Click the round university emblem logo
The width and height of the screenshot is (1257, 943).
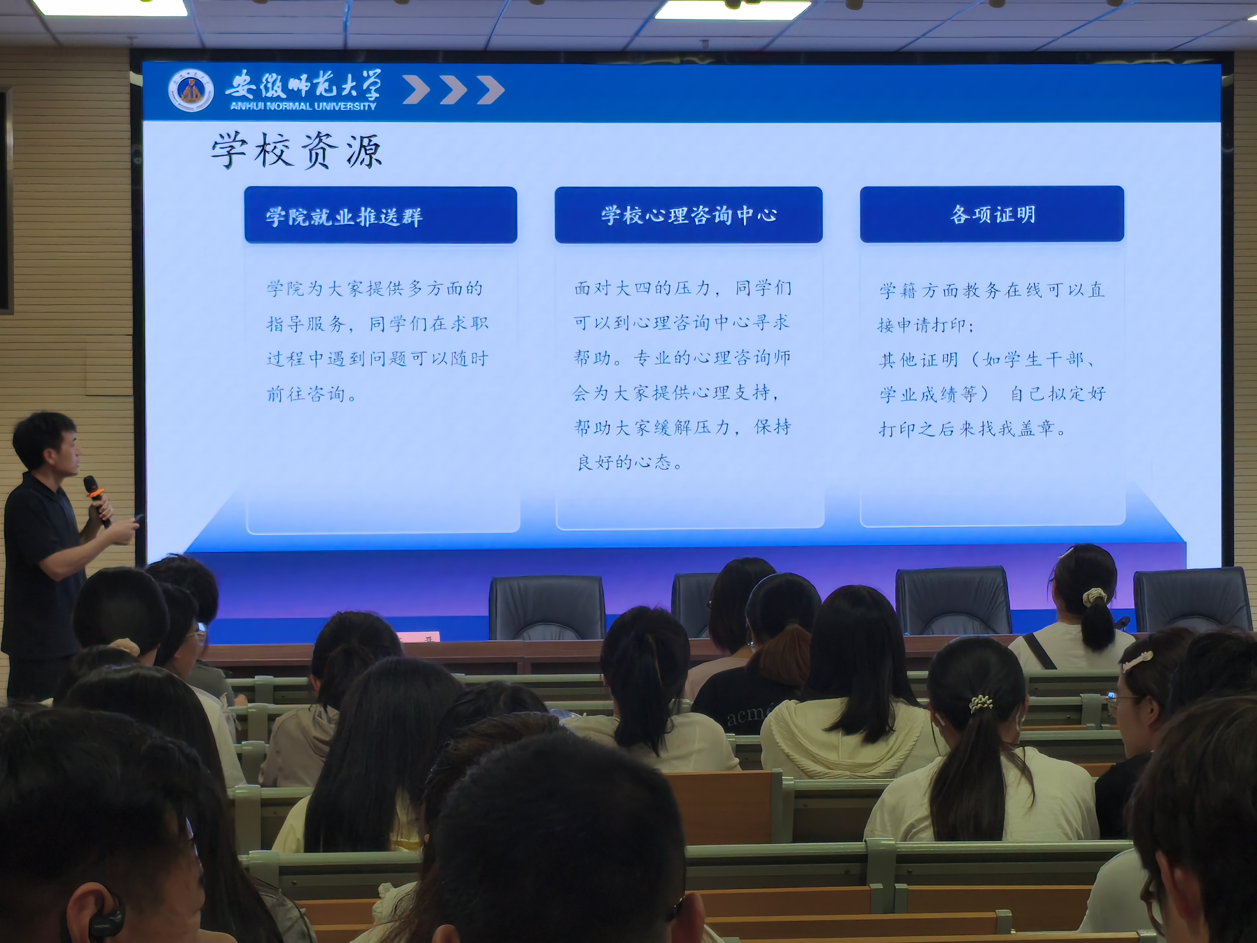[191, 90]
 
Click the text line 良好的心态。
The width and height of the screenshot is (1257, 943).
[630, 462]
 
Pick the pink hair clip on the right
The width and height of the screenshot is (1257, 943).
[1136, 661]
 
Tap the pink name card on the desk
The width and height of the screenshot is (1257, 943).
[418, 637]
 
